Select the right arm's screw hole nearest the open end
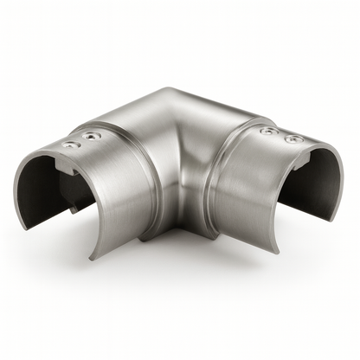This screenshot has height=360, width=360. tap(294, 138)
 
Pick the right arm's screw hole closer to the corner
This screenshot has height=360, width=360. tap(269, 131)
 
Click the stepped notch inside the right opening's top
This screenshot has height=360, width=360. tap(305, 157)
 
